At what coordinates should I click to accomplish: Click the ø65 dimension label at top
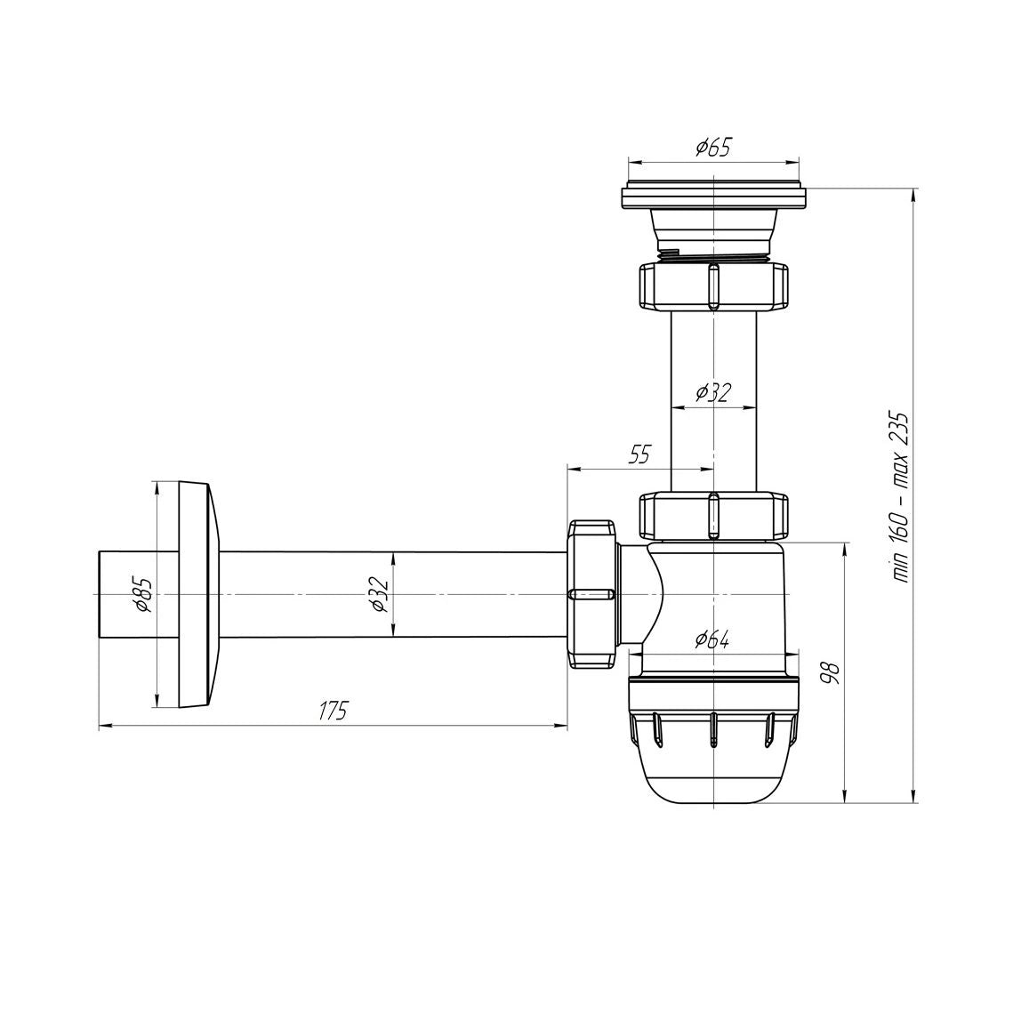(713, 148)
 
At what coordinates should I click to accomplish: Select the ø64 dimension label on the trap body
(712, 639)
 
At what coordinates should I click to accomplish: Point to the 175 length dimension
(334, 711)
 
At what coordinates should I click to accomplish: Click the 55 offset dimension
(639, 454)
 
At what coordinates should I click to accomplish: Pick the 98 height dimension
(828, 671)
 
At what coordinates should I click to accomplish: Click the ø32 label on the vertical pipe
(712, 392)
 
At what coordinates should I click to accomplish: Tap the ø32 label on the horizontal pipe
(380, 594)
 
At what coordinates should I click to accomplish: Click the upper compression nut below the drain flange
(713, 285)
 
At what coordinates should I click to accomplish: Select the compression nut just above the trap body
(713, 515)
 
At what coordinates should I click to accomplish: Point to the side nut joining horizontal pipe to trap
(592, 594)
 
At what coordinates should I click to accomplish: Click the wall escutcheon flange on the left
(197, 594)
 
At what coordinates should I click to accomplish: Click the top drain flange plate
(713, 196)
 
